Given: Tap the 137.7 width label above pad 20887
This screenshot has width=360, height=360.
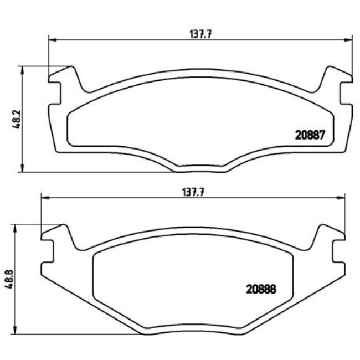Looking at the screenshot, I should [202, 33].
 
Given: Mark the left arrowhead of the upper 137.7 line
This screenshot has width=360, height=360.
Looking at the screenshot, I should [52, 39].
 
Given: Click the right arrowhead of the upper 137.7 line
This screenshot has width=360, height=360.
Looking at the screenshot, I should [350, 39].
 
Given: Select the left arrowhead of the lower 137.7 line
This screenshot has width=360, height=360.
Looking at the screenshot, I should [44, 198].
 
